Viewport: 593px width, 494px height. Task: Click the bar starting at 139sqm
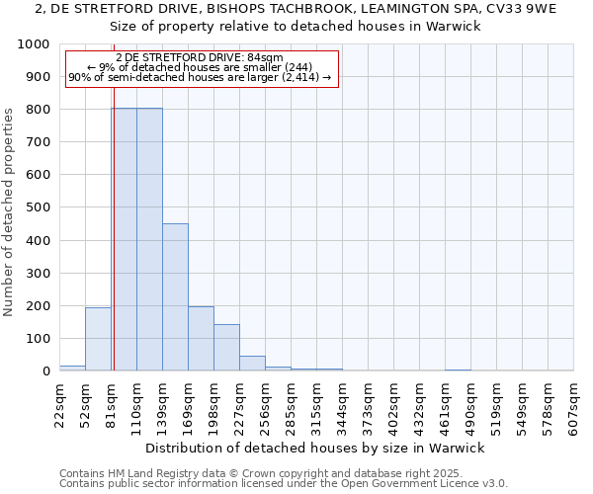(x=175, y=296)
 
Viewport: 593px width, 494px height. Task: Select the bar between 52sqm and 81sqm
(x=98, y=339)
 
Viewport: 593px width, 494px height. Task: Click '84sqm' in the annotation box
(x=267, y=57)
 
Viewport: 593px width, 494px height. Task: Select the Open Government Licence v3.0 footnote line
(x=284, y=484)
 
